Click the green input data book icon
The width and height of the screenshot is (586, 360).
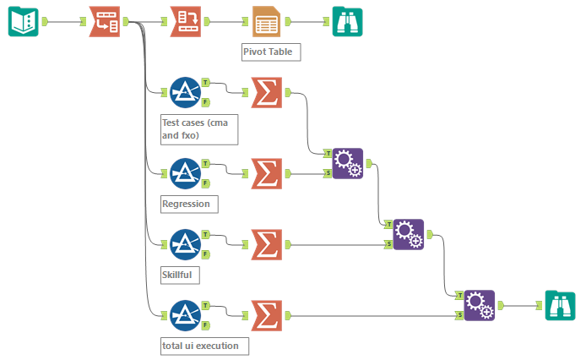tap(23, 21)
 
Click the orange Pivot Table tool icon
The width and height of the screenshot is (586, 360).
tap(267, 21)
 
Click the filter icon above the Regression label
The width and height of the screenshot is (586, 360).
tap(185, 173)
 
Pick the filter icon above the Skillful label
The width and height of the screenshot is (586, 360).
tap(185, 244)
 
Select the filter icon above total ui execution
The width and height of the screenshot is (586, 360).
tap(185, 315)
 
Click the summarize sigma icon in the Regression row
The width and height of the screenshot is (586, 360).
tap(266, 174)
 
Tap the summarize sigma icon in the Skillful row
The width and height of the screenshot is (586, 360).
tap(266, 245)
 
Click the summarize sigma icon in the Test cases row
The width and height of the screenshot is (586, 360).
tap(266, 93)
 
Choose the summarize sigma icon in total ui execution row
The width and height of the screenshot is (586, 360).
tap(266, 316)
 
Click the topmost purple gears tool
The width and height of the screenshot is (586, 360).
tap(347, 164)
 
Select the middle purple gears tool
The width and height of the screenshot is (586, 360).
tap(408, 234)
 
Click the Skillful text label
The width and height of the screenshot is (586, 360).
tap(182, 275)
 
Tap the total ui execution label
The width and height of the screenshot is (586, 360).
tap(203, 345)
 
